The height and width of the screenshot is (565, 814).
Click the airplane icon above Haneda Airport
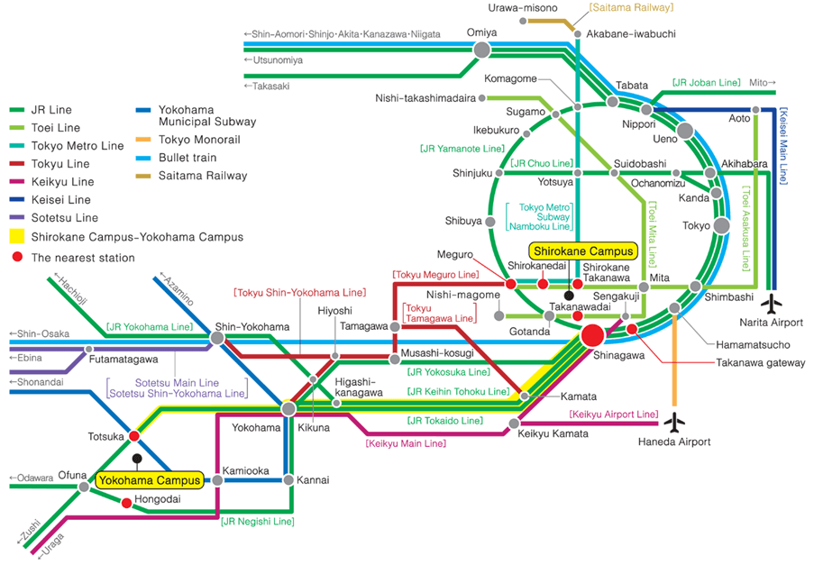point(673,422)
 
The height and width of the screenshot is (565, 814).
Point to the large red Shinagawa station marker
point(593,336)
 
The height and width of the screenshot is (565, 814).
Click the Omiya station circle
point(482,50)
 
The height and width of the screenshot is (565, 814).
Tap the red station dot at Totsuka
point(134,436)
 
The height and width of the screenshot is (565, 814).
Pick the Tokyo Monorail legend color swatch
point(144,140)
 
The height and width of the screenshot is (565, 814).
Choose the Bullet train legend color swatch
point(144,158)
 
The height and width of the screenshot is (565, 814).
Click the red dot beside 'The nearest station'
point(17,258)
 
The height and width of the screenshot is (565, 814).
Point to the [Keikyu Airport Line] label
point(613,414)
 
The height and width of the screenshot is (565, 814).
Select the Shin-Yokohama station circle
point(217,338)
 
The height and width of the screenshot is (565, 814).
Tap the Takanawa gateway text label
point(747,362)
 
